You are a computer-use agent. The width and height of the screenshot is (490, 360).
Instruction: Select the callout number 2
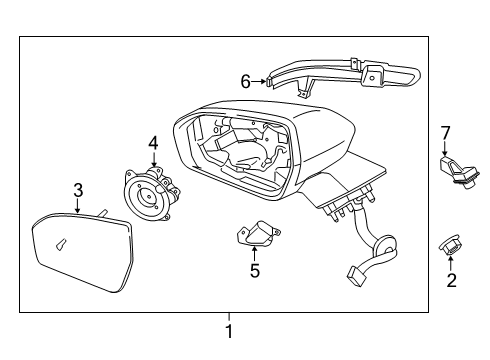click(451, 281)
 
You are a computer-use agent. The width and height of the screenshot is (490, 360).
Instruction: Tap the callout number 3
click(78, 189)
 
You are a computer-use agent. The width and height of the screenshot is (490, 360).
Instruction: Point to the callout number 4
click(153, 144)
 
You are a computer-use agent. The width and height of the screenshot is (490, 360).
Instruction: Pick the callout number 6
click(245, 81)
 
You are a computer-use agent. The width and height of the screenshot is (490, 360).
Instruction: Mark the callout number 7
click(446, 133)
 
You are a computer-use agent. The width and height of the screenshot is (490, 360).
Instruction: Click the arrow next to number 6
click(262, 81)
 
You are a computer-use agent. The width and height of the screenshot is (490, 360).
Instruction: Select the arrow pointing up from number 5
click(254, 251)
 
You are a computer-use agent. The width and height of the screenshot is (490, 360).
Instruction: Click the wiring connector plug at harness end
click(358, 271)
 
